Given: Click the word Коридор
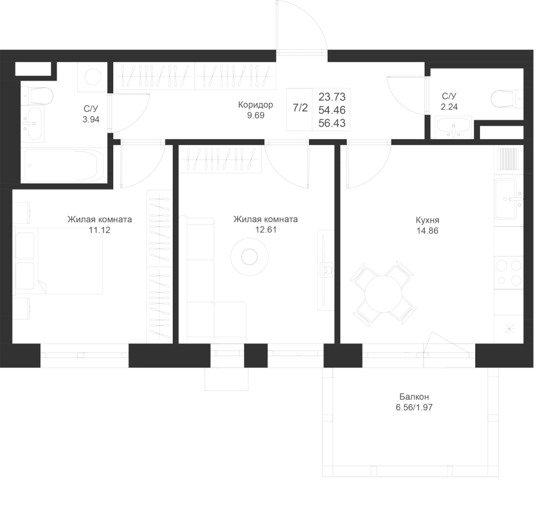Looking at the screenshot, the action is point(255,105).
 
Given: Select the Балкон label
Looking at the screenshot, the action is point(414,396).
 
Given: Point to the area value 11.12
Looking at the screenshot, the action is point(99,230).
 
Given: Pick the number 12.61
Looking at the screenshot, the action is point(266,230).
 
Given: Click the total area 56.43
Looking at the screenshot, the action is point(332,123).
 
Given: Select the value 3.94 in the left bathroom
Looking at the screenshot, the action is point(91,120).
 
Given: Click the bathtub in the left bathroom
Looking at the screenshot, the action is point(63,165).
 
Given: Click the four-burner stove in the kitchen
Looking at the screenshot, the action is point(508,273).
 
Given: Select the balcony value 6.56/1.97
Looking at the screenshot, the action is point(414,407).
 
